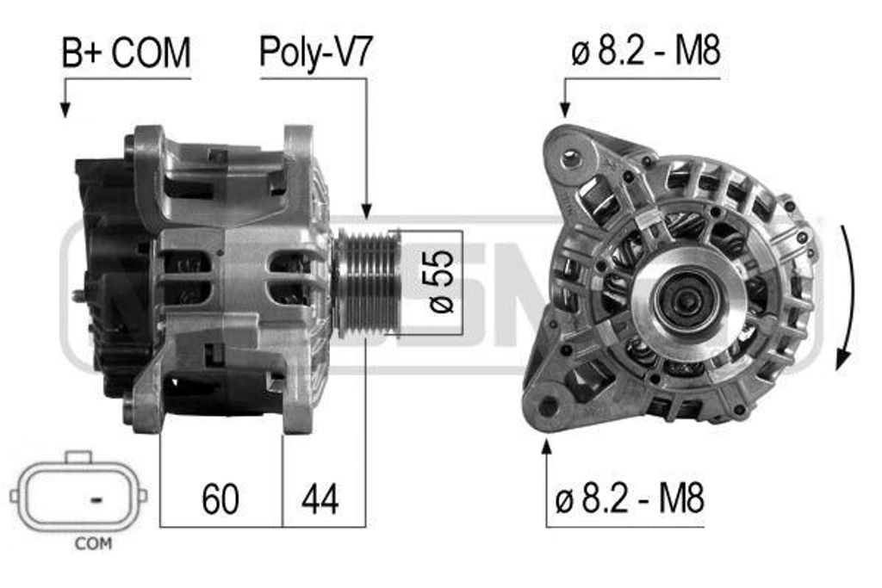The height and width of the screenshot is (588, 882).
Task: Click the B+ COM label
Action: [x=126, y=53]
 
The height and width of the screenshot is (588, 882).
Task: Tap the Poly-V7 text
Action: [x=315, y=53]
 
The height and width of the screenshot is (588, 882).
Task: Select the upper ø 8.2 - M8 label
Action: [x=646, y=52]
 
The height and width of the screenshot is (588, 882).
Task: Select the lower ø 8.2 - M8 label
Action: [x=630, y=498]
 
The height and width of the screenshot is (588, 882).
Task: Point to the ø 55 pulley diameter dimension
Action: [x=441, y=281]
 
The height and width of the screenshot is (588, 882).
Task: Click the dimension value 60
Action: [x=220, y=498]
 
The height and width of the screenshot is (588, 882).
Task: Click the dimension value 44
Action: [x=320, y=498]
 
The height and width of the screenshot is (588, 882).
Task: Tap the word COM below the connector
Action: [x=93, y=543]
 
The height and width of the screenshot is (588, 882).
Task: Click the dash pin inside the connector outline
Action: [x=96, y=498]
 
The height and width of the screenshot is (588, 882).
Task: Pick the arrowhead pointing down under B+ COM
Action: [x=65, y=109]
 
